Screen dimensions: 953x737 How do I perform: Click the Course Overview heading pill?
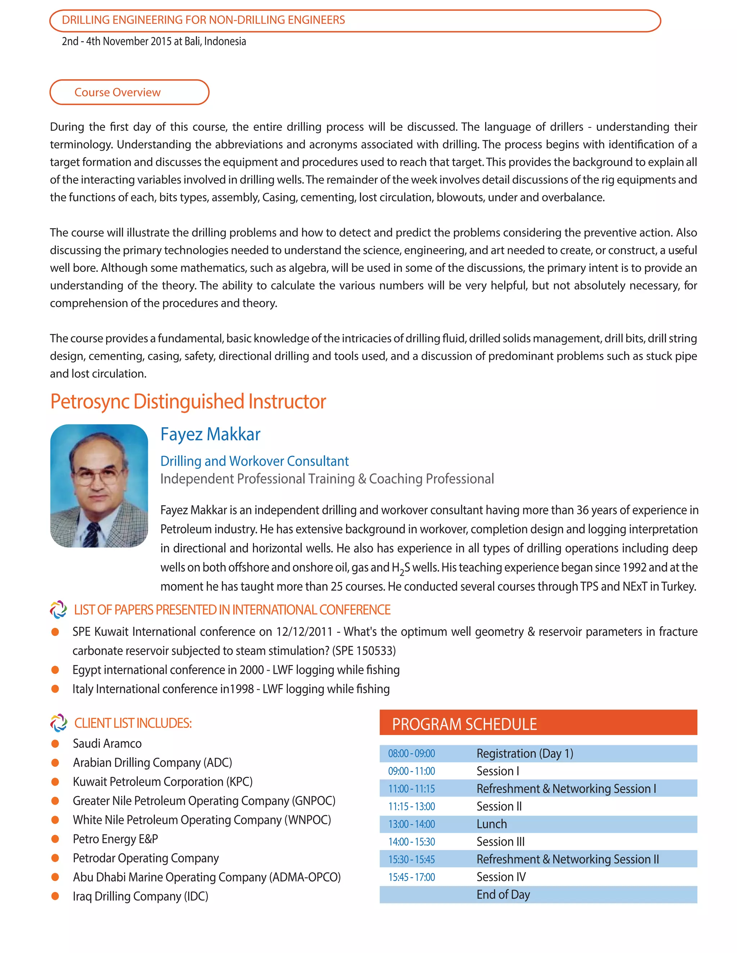[x=129, y=92]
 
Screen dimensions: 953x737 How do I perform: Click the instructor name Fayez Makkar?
[x=210, y=434]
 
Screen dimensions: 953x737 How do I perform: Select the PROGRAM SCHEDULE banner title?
[x=464, y=724]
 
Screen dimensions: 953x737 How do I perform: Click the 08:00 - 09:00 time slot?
[x=411, y=753]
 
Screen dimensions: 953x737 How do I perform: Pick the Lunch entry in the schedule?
[x=492, y=824]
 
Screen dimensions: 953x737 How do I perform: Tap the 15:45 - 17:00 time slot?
[x=411, y=877]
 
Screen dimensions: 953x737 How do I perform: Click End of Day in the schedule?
[x=503, y=894]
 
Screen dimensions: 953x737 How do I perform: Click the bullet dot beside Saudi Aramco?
[x=55, y=744]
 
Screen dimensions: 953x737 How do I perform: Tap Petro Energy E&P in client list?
[x=115, y=839]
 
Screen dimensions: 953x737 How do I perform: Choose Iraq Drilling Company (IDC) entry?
[x=140, y=896]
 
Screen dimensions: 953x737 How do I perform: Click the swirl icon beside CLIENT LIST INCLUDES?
[x=59, y=723]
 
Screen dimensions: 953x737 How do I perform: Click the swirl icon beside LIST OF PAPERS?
[x=59, y=610]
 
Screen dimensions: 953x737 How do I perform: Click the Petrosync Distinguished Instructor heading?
[x=188, y=401]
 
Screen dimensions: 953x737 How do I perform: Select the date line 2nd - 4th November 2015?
[x=154, y=41]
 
